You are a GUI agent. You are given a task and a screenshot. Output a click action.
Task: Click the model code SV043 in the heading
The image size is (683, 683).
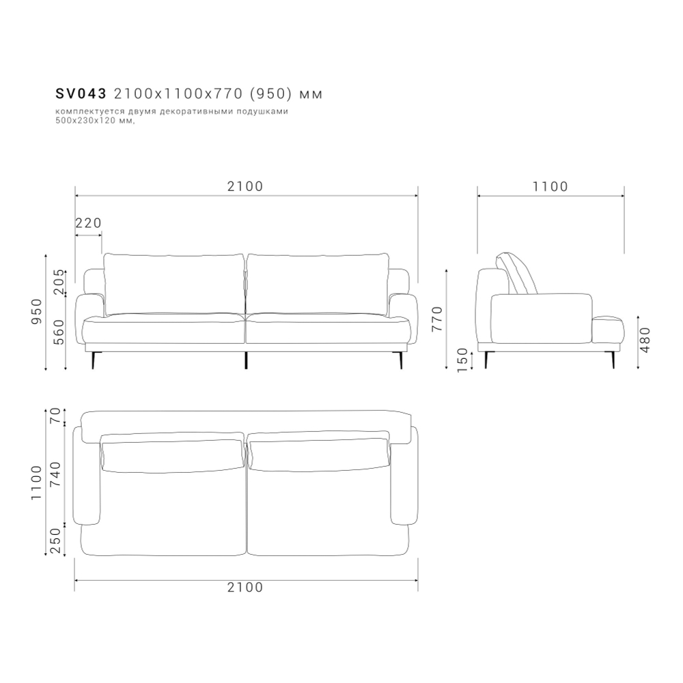[81, 93]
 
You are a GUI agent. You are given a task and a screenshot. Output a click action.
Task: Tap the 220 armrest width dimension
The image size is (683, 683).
[89, 223]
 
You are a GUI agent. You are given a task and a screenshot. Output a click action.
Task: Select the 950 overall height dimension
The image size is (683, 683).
[37, 311]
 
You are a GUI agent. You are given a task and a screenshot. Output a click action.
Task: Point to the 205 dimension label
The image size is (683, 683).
[59, 282]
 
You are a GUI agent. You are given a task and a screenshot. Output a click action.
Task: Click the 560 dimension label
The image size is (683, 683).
[59, 332]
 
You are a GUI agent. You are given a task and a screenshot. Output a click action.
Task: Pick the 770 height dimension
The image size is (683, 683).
[437, 319]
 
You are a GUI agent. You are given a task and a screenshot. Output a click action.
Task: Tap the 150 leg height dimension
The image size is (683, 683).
[462, 360]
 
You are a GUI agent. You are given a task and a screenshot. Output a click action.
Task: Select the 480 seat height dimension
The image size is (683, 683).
[646, 340]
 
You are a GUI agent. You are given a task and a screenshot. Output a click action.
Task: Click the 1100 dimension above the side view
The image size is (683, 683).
[550, 186]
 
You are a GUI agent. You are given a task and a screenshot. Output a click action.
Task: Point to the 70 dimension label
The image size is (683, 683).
[55, 416]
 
